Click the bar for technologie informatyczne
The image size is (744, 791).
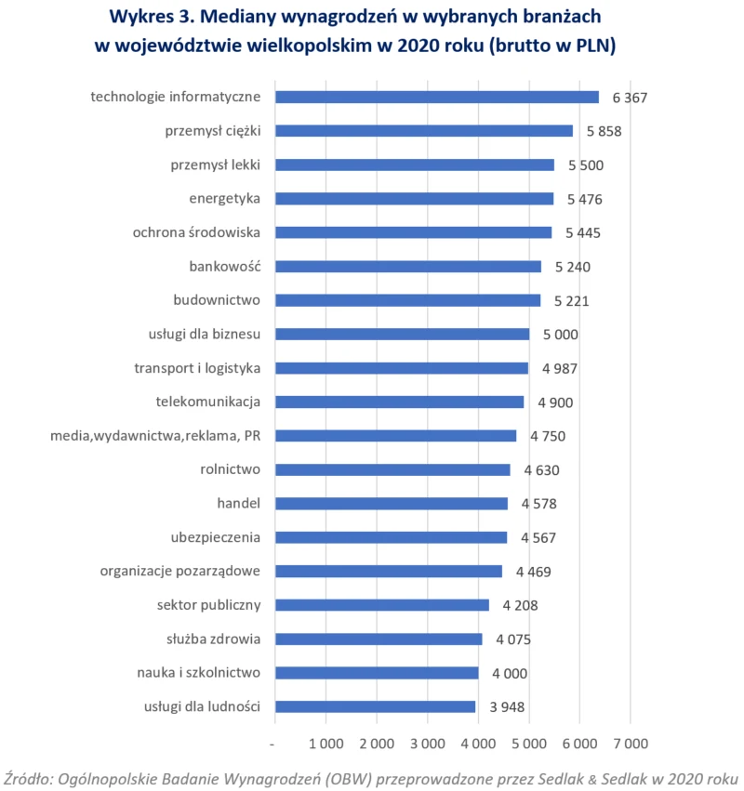(x=437, y=97)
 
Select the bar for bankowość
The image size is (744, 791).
(x=408, y=267)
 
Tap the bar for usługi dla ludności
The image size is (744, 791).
(x=376, y=706)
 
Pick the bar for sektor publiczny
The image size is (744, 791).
(x=382, y=605)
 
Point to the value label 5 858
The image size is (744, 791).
(x=604, y=131)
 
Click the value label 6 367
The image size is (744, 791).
(x=630, y=98)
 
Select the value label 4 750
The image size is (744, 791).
(x=548, y=436)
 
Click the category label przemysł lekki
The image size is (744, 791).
(x=215, y=165)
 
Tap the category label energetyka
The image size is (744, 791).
(x=224, y=199)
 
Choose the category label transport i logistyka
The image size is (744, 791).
(x=197, y=368)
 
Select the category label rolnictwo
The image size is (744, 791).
(x=230, y=469)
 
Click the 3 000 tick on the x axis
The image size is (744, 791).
(x=427, y=745)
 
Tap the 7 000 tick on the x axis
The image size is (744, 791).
(x=630, y=745)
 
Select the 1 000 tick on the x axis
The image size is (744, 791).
(x=325, y=745)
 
